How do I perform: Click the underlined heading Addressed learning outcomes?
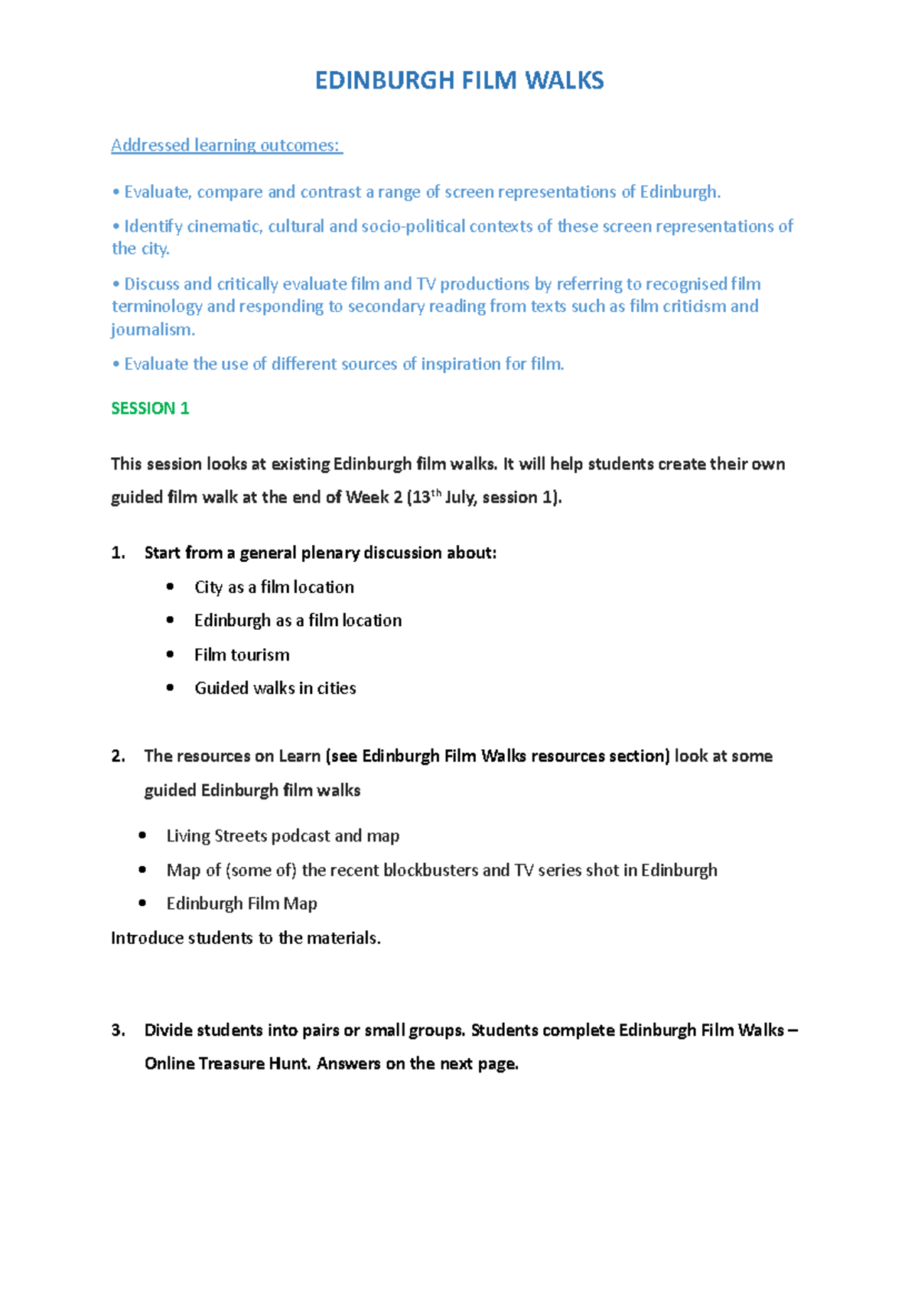pyautogui.click(x=226, y=145)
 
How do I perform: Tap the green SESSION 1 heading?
pyautogui.click(x=150, y=408)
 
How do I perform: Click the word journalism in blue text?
pyautogui.click(x=152, y=329)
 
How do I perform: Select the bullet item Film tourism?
pyautogui.click(x=242, y=654)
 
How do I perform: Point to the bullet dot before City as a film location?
pyautogui.click(x=170, y=586)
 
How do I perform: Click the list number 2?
pyautogui.click(x=118, y=756)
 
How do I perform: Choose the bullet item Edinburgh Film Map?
pyautogui.click(x=242, y=904)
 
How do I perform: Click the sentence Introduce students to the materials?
pyautogui.click(x=246, y=938)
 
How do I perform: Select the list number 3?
pyautogui.click(x=118, y=1030)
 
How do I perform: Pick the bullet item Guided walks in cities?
pyautogui.click(x=275, y=688)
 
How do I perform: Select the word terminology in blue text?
pyautogui.click(x=157, y=307)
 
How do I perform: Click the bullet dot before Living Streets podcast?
pyautogui.click(x=142, y=836)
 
